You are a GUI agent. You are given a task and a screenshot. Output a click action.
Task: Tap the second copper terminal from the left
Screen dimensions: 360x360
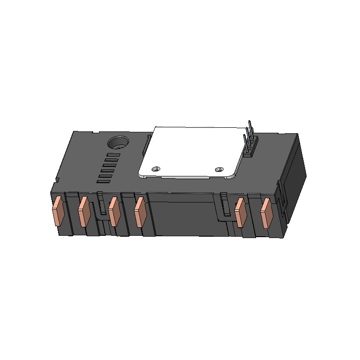tap(84, 212)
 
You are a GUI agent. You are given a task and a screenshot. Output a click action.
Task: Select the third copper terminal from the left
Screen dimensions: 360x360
tap(114, 212)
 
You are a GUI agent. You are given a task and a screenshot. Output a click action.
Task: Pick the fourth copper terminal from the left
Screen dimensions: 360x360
tap(140, 212)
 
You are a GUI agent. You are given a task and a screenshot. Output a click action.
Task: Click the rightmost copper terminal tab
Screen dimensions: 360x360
tap(266, 213)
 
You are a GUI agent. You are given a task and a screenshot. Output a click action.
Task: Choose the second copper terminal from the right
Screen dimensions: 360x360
tap(241, 213)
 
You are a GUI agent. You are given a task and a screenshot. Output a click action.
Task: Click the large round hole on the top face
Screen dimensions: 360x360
tap(118, 144)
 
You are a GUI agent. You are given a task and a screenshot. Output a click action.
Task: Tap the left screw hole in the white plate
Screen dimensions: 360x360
tap(156, 169)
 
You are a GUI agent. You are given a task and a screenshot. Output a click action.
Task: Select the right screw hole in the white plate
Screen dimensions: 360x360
tap(219, 169)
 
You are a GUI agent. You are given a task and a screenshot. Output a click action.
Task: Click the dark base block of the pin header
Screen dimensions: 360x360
tap(249, 150)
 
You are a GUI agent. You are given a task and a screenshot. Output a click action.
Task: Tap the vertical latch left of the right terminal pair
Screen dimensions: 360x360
tap(223, 205)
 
